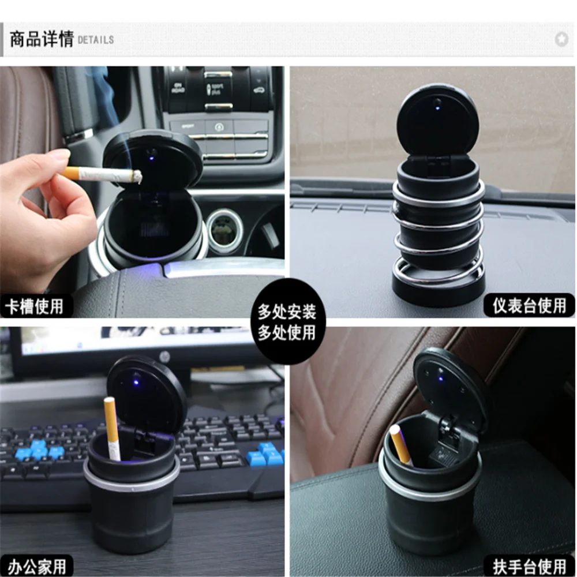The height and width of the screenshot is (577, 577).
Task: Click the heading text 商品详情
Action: point(40,40)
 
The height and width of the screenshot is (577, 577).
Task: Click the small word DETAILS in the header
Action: point(95,40)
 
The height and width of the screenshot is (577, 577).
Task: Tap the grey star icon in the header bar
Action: point(561,39)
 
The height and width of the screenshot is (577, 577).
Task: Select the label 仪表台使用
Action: point(529,305)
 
